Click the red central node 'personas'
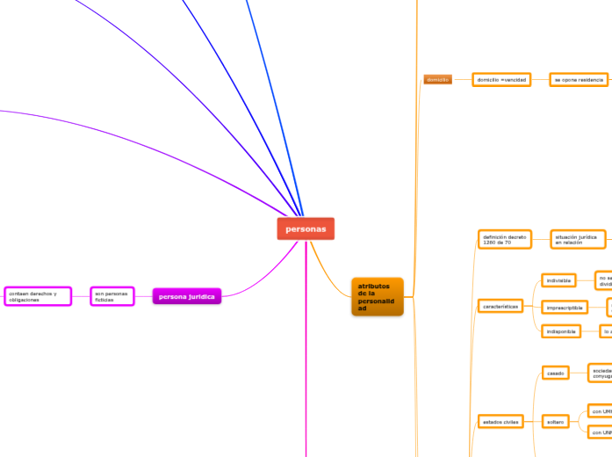(306, 228)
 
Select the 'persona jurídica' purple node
(186, 296)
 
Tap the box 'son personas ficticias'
(112, 296)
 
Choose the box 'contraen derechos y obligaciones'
(37, 296)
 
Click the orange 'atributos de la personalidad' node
(377, 297)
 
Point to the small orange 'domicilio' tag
(437, 80)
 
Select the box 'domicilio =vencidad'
(501, 80)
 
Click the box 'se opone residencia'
(579, 80)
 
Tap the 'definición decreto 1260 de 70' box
(505, 239)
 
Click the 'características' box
(501, 306)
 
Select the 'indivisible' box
(559, 281)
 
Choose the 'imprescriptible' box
(565, 307)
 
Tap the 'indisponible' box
(561, 331)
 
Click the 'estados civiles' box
(500, 422)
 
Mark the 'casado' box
(556, 374)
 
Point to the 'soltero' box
(555, 422)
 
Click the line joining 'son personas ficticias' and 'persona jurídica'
(143, 296)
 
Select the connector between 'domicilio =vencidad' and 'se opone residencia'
(540, 80)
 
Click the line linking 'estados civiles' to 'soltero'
(530, 422)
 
